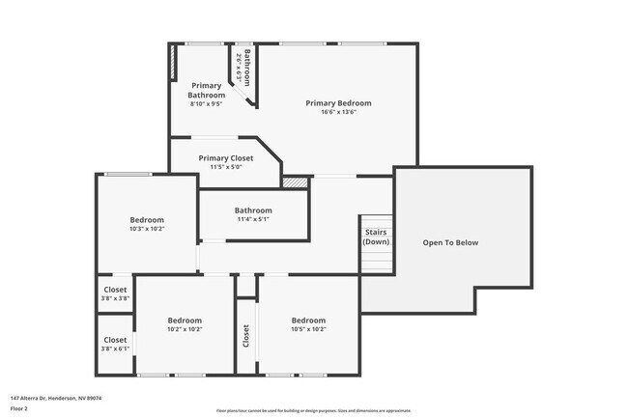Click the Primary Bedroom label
[x=338, y=103]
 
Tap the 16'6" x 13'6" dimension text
[x=338, y=112]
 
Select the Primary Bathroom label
[x=207, y=90]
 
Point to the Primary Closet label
[x=226, y=158]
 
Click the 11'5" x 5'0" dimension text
[x=226, y=168]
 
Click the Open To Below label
[x=450, y=242]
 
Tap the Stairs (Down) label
[x=376, y=237]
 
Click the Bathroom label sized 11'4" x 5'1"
[x=253, y=210]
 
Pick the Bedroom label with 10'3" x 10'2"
[x=147, y=220]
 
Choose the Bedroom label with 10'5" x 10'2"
[x=308, y=321]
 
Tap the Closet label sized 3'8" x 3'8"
[x=115, y=290]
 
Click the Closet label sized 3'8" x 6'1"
[x=115, y=340]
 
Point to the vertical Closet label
[x=246, y=335]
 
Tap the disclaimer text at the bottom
[x=314, y=410]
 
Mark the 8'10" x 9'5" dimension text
[x=207, y=103]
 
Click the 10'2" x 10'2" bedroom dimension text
[x=185, y=329]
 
